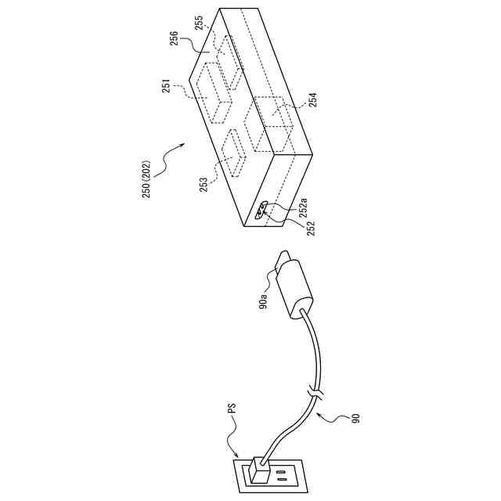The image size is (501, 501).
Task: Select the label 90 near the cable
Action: point(356,422)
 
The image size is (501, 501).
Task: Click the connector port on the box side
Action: point(261,210)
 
